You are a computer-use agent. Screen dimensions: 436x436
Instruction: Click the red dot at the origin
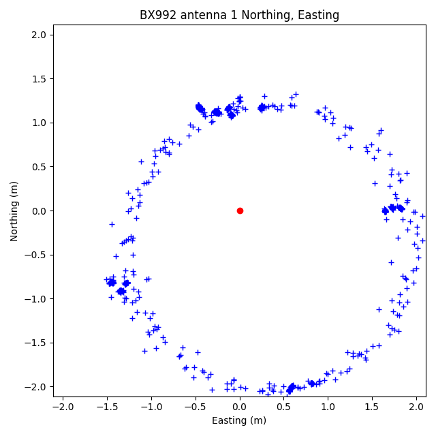click(x=240, y=211)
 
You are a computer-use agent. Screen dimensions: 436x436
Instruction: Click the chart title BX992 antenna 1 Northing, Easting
click(x=239, y=15)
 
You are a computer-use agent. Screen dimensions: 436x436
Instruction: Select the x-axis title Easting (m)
click(x=239, y=420)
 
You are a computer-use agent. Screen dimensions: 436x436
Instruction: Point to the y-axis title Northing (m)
click(x=14, y=211)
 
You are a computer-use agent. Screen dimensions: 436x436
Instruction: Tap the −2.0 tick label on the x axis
click(x=63, y=407)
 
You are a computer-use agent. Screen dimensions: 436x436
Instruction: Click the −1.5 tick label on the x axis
click(x=107, y=407)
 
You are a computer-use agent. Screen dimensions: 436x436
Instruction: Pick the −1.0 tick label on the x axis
click(x=151, y=407)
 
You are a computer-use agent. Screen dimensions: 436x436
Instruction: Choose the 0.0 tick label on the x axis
click(x=240, y=407)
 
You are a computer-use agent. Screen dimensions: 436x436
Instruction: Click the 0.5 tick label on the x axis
click(x=283, y=407)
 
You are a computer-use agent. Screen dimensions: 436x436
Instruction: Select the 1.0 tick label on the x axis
click(x=328, y=407)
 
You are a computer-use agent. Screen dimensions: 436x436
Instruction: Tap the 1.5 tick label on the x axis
click(x=372, y=407)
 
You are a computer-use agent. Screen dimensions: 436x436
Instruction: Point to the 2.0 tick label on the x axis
click(x=416, y=407)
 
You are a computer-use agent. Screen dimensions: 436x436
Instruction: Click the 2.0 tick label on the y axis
click(x=39, y=35)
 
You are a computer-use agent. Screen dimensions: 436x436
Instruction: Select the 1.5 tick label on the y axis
click(x=39, y=79)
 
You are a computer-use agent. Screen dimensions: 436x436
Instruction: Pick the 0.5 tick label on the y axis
click(x=39, y=167)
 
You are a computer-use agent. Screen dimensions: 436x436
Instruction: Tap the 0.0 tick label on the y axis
click(x=39, y=211)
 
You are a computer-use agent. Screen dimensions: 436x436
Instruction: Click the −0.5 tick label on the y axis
click(x=36, y=255)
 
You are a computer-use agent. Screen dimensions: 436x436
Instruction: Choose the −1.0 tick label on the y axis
click(x=36, y=299)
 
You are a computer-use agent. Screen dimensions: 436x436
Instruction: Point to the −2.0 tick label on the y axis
click(x=36, y=387)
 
